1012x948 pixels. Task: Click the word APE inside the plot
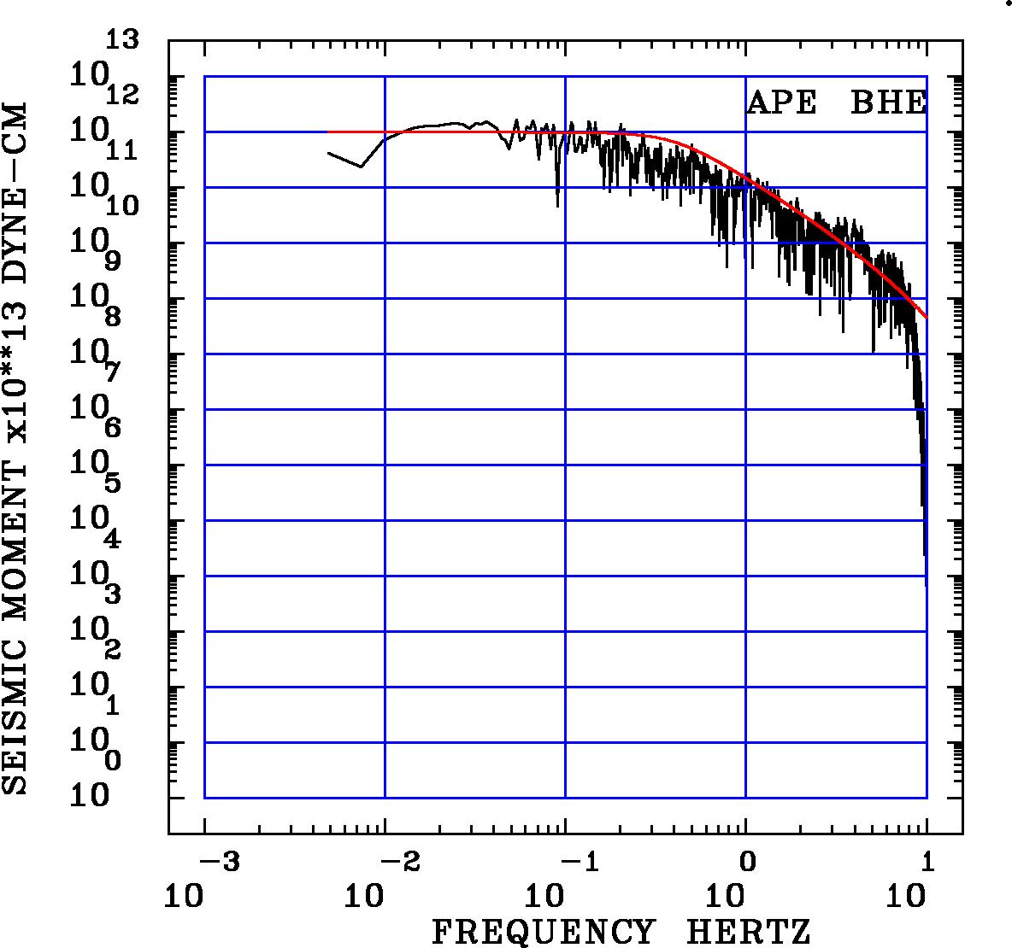(x=781, y=102)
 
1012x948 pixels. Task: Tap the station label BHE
(x=889, y=102)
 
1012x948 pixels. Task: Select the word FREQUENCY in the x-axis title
(x=544, y=932)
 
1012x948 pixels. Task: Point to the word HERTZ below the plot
(x=749, y=932)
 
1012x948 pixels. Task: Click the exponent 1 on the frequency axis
(x=929, y=863)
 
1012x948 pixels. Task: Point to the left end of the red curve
(x=329, y=132)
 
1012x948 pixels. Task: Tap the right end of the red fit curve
(x=927, y=318)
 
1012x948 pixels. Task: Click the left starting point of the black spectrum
(x=329, y=153)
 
